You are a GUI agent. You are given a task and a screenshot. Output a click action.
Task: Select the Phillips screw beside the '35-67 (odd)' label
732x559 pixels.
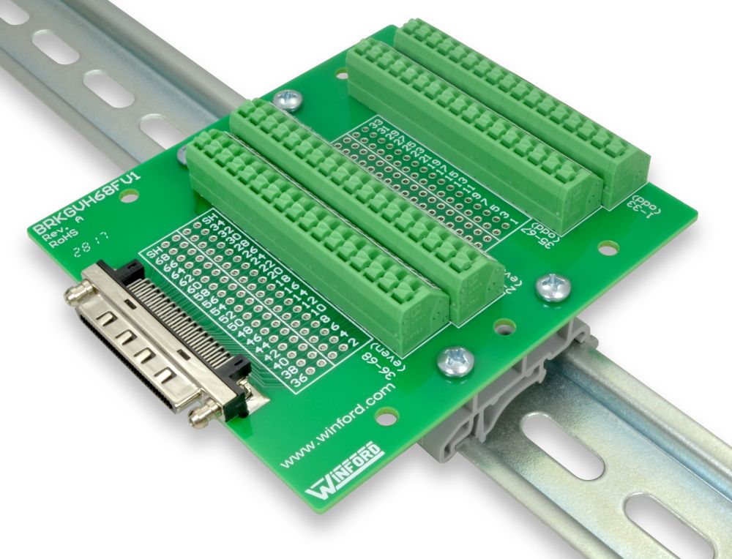553,288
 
